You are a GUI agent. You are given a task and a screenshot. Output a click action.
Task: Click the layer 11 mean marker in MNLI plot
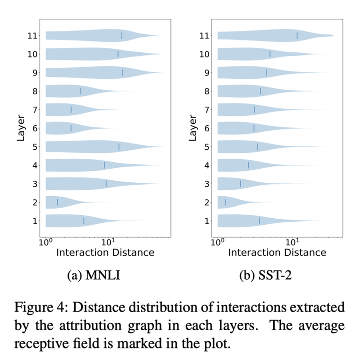click(x=121, y=35)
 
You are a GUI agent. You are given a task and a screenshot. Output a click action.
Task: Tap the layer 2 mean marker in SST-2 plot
click(x=225, y=202)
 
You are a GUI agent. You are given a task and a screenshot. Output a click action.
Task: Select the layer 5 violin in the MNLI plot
click(x=100, y=146)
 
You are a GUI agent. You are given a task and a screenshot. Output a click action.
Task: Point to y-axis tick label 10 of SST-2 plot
click(x=205, y=54)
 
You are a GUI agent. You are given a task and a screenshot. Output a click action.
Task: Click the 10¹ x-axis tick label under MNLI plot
click(x=108, y=242)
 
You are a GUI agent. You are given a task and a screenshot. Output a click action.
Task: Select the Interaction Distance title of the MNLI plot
click(x=105, y=252)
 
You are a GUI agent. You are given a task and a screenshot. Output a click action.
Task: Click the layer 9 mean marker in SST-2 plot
click(x=266, y=72)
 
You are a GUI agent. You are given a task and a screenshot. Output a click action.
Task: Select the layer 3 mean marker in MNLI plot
click(x=106, y=184)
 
